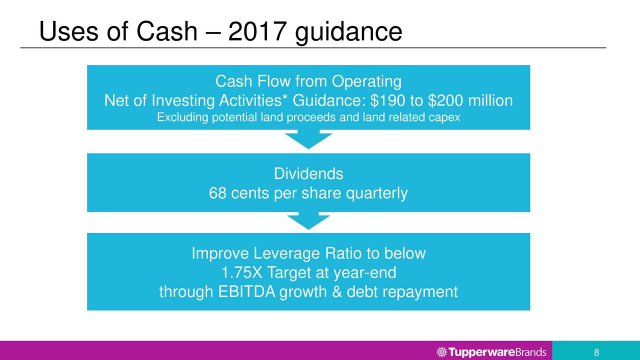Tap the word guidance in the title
point(348,33)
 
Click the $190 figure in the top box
point(387,100)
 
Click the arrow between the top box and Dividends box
point(308,139)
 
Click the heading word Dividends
point(308,173)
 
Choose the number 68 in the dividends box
point(217,193)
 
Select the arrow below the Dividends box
point(308,220)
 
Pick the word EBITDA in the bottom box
point(246,291)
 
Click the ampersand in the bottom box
point(337,291)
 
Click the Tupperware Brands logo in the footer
point(491,351)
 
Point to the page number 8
point(596,352)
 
